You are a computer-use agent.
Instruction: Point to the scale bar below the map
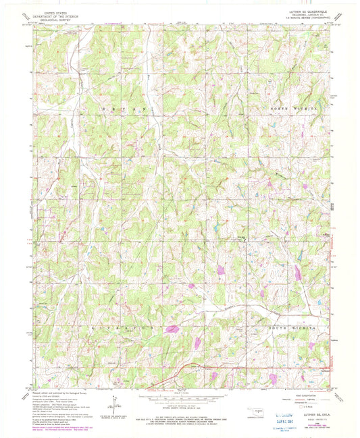pos(181,401)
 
